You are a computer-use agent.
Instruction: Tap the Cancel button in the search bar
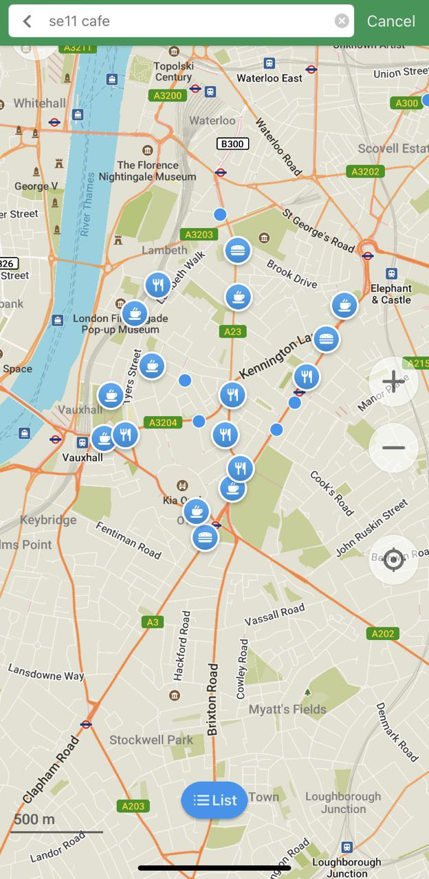click(x=390, y=21)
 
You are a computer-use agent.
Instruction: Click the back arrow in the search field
click(x=27, y=21)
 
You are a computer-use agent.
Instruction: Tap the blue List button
click(x=214, y=800)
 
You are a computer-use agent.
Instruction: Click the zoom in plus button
click(x=393, y=381)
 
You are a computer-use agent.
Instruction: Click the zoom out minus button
click(x=393, y=448)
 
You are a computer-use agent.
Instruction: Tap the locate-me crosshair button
click(x=393, y=559)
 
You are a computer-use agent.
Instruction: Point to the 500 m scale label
click(x=34, y=819)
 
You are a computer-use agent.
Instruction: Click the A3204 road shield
click(x=163, y=422)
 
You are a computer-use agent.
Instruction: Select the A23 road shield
click(x=233, y=332)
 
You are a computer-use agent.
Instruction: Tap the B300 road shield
click(x=232, y=144)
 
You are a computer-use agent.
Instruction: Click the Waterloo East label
click(x=269, y=78)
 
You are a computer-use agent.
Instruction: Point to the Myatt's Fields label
click(x=287, y=709)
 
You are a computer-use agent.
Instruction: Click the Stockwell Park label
click(x=151, y=740)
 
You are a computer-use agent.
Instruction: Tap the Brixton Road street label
click(x=212, y=699)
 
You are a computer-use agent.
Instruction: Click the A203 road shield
click(x=133, y=806)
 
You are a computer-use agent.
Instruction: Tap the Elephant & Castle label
click(x=391, y=294)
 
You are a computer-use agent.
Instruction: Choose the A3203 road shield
click(x=199, y=234)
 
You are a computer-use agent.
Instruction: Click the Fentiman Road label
click(x=129, y=540)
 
